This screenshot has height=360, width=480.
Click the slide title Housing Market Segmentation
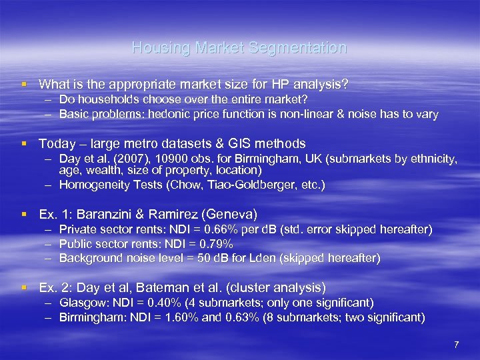click(239, 48)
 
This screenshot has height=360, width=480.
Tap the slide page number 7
click(456, 345)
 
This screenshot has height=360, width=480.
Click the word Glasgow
click(79, 303)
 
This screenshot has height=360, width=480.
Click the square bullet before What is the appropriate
click(24, 85)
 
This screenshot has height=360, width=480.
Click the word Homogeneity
click(91, 185)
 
